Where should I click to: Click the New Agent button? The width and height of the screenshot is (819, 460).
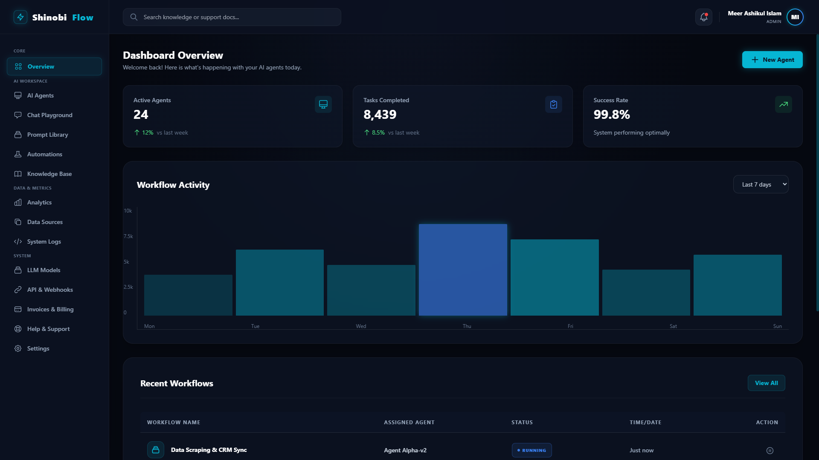(x=772, y=60)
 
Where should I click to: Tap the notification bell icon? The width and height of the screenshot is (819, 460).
(x=704, y=17)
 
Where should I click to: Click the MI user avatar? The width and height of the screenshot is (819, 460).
(x=795, y=17)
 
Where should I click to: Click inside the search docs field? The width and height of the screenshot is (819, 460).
(x=232, y=17)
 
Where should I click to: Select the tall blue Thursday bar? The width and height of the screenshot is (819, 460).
(x=463, y=270)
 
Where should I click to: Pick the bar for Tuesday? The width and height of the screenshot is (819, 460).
(x=280, y=282)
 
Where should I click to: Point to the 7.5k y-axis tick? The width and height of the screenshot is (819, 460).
(x=128, y=236)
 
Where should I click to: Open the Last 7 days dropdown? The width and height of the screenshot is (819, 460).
(x=761, y=184)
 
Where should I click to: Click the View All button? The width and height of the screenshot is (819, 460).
(x=767, y=383)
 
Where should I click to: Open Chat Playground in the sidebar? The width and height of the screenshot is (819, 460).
(x=49, y=115)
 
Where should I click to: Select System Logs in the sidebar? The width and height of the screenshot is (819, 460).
(x=44, y=241)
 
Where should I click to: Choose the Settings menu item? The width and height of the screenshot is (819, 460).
(x=38, y=348)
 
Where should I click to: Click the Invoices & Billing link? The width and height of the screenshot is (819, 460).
(x=50, y=309)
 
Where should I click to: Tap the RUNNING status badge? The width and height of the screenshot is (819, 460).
(x=531, y=450)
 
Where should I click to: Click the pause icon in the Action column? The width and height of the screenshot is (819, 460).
(x=770, y=451)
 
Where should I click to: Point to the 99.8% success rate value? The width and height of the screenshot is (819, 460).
(x=612, y=115)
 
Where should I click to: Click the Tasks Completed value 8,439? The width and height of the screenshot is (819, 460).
(x=380, y=115)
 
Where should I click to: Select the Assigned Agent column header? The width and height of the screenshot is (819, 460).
(x=409, y=423)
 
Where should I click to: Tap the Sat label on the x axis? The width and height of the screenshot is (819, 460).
(x=673, y=326)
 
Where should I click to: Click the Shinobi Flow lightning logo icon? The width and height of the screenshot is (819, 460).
(x=20, y=17)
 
